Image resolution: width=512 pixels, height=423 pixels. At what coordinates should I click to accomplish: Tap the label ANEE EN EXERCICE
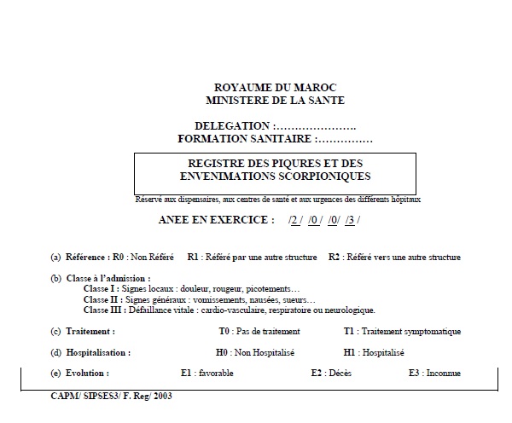click(217, 219)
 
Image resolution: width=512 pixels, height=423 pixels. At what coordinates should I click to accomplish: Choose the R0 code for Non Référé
click(119, 257)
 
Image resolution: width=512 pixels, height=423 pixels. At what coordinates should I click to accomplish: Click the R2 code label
click(335, 257)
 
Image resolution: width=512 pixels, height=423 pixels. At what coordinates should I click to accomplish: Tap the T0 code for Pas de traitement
click(225, 331)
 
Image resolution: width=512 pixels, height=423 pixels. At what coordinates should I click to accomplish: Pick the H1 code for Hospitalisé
click(350, 352)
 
